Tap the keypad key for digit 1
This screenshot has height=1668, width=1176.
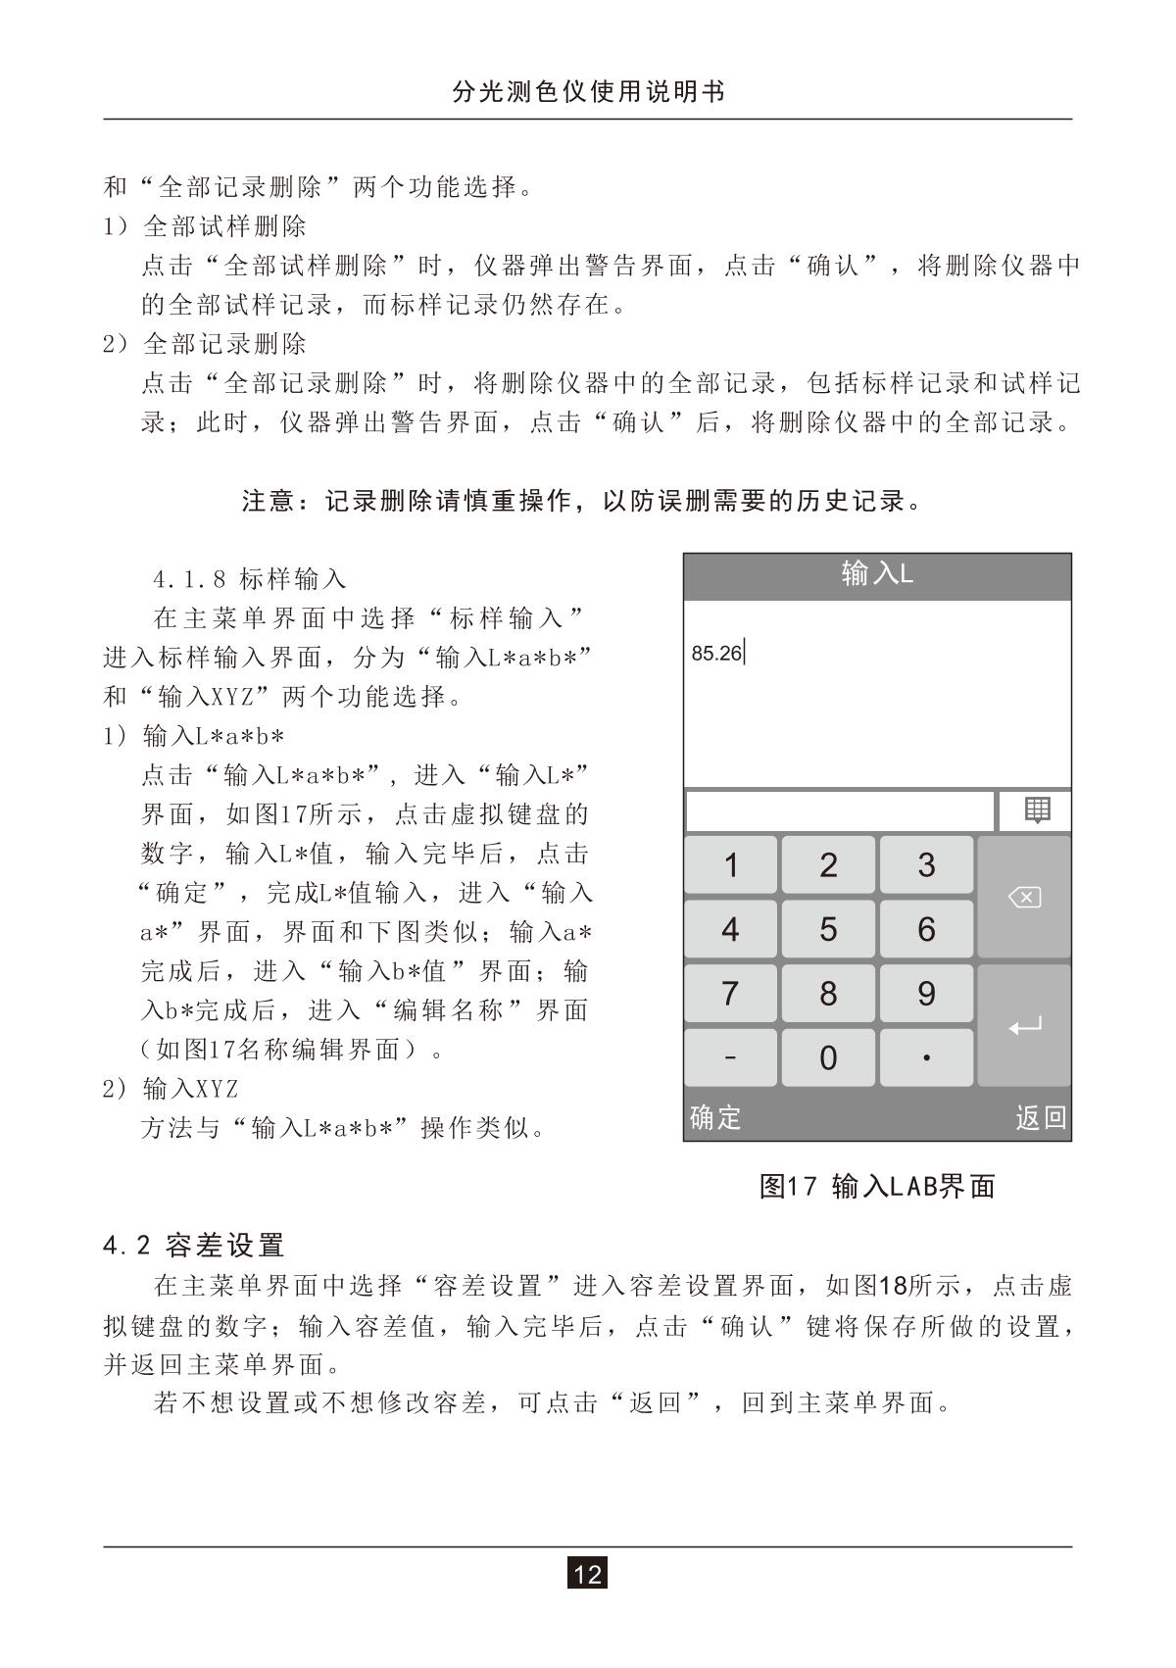coord(730,864)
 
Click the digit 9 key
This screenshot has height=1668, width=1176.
coord(926,994)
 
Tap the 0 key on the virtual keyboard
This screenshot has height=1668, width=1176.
coord(828,1057)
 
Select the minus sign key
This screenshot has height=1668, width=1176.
coord(730,1057)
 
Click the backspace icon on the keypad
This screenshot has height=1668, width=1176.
coord(1024,897)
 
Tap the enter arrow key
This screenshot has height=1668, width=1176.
coord(1024,1026)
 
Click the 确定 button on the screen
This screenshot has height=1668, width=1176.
coord(715,1117)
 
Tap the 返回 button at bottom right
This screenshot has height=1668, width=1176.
coord(1040,1117)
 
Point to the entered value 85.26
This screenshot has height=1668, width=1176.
coord(716,653)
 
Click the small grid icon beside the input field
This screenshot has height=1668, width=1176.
coord(1036,810)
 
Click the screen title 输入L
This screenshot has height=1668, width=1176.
coord(877,574)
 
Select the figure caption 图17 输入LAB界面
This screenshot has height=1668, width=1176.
coord(877,1187)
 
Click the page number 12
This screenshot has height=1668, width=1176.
coord(587,1574)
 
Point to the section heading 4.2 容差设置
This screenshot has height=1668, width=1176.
coord(194,1246)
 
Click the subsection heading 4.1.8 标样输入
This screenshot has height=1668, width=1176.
coord(250,579)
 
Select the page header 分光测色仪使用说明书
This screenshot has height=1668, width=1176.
coord(588,92)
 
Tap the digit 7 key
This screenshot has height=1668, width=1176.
coord(730,994)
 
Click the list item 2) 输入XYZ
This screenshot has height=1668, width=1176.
coord(171,1089)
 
